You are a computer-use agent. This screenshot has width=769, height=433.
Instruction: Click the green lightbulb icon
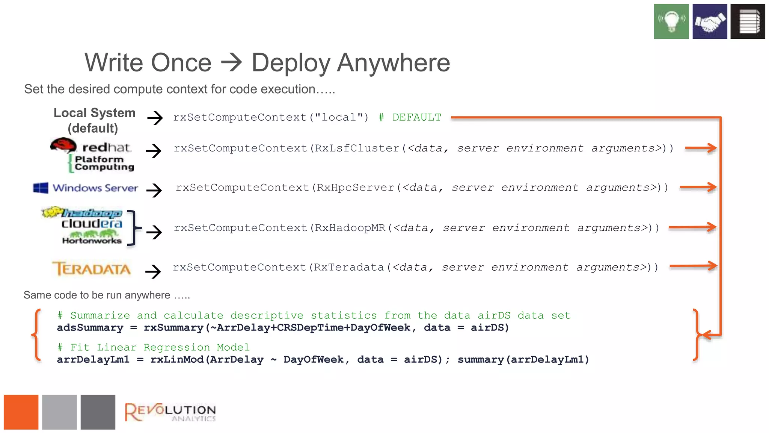(671, 21)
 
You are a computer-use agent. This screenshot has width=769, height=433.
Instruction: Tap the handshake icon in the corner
(710, 21)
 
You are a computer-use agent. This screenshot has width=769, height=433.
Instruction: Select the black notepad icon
(748, 21)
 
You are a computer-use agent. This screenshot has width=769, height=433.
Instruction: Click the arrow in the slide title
(231, 62)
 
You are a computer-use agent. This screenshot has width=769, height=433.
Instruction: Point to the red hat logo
(63, 145)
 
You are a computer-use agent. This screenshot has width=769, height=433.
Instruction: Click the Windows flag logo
(41, 188)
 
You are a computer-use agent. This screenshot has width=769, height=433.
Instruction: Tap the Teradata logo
(92, 269)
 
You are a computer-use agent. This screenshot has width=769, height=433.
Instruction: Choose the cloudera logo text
(92, 224)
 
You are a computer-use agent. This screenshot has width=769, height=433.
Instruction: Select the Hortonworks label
(92, 241)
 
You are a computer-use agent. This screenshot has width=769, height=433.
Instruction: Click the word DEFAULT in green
(417, 118)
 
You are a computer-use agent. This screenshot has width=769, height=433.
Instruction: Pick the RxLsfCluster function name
(357, 148)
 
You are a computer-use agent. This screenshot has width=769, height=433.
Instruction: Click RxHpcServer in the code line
(356, 188)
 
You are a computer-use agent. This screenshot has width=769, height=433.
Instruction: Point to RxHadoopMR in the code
(350, 228)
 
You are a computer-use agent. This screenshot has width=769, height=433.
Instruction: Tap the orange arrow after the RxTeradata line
(693, 266)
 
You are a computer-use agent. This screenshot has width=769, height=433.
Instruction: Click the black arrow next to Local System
(155, 118)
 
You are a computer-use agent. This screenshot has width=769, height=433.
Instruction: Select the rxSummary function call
(173, 328)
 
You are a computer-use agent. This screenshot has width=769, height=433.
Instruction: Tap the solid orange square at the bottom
(21, 412)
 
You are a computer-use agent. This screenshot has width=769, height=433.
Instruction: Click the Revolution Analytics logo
(170, 412)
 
